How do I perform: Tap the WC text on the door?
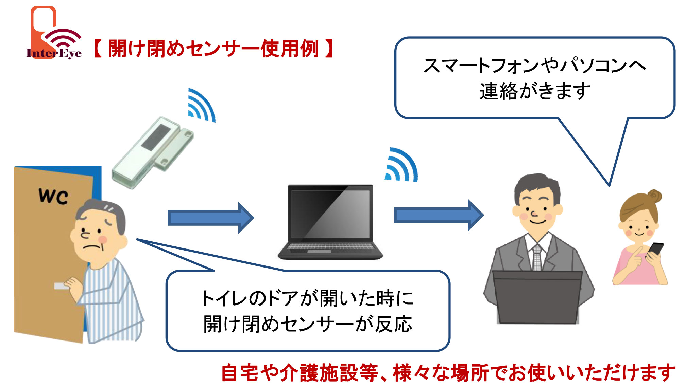[53, 196]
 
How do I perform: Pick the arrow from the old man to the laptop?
[211, 218]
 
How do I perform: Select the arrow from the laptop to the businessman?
[439, 215]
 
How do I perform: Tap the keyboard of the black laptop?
[330, 247]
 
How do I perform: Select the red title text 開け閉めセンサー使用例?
[213, 49]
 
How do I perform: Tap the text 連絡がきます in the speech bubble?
[535, 91]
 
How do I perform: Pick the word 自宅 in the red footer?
[240, 373]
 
